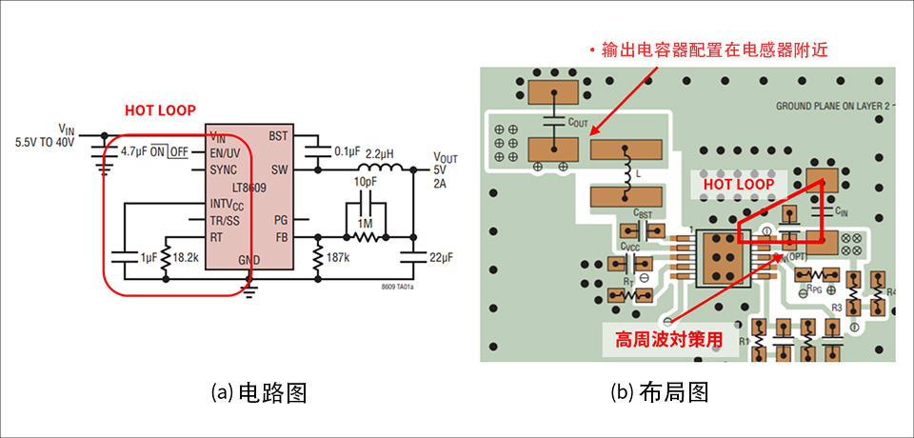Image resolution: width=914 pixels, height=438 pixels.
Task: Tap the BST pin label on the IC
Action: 278,137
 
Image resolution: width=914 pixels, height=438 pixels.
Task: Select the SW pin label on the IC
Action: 278,169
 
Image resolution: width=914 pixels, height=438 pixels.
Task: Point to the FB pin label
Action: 280,237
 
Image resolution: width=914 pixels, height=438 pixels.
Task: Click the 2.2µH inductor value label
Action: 380,151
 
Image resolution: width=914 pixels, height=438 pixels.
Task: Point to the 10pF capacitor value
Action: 365,181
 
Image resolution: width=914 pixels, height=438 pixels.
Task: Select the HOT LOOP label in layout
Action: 732,182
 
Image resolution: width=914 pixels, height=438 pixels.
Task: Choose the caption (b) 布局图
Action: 662,392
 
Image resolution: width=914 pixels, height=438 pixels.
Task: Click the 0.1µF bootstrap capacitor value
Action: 348,151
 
